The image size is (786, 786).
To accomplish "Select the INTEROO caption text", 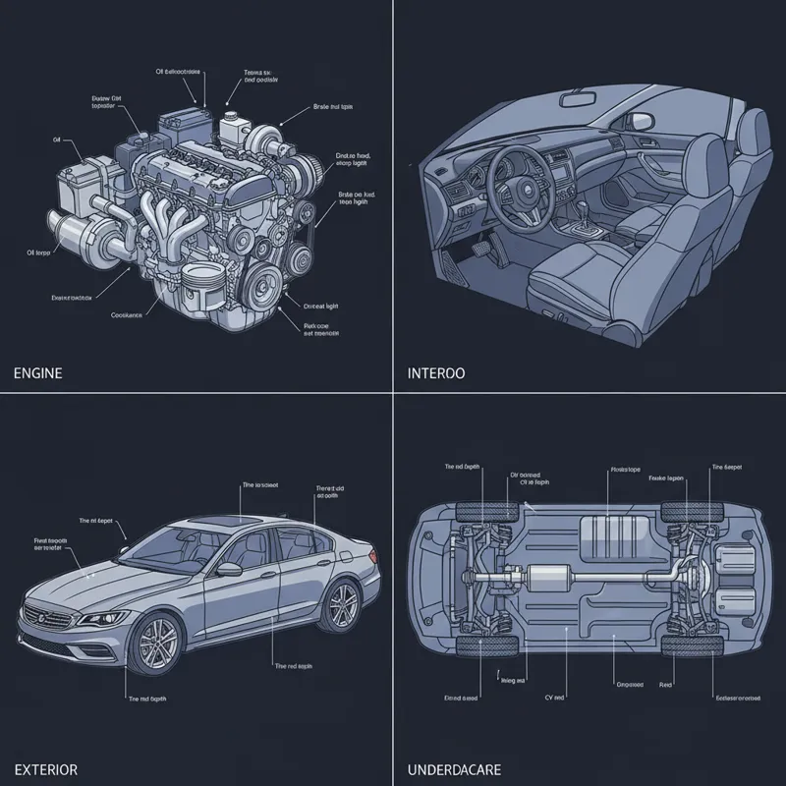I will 436,373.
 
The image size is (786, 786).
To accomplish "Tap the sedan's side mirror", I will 229,569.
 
